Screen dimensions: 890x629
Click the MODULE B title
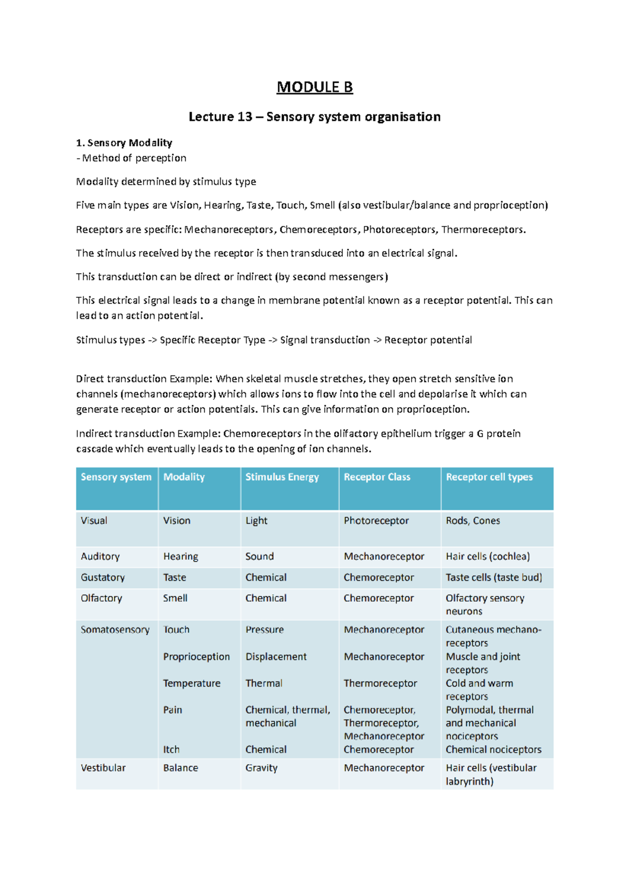tap(314, 87)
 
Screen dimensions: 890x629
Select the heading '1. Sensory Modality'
tap(124, 143)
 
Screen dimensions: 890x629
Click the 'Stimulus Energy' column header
tap(282, 477)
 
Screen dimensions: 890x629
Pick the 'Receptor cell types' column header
tap(489, 477)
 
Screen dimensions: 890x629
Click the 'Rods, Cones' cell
tap(473, 520)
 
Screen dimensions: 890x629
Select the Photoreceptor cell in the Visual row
tap(376, 520)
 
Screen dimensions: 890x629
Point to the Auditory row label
tap(100, 556)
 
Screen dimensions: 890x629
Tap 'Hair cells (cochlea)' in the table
tap(487, 556)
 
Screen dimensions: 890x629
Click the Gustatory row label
tap(103, 577)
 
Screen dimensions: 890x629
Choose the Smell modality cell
tap(175, 598)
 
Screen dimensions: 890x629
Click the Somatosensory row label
tap(115, 629)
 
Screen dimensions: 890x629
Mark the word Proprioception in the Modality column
tap(196, 657)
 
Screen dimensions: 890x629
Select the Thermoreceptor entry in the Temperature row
tap(380, 683)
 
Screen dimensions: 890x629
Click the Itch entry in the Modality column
tap(171, 750)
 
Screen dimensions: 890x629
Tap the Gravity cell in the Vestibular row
tap(261, 768)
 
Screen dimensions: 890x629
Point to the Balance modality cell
tap(180, 768)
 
